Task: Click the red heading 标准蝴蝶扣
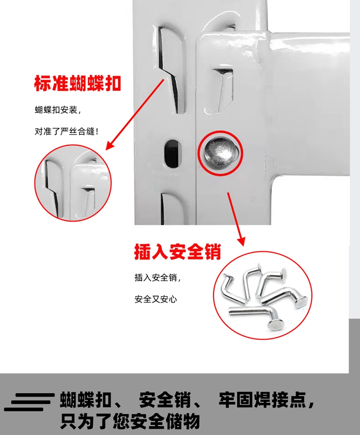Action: pos(78,83)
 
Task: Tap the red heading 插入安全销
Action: pos(178,252)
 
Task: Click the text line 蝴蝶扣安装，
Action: pos(58,110)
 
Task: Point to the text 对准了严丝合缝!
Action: pos(67,131)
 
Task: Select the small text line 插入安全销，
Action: pos(158,277)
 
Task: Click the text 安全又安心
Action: pos(156,299)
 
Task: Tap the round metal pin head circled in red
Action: pos(221,153)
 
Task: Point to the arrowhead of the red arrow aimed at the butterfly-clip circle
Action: pos(111,145)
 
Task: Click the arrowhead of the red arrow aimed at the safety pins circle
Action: pos(241,241)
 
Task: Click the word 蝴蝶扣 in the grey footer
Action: pos(85,400)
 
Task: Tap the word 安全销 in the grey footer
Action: pos(165,400)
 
